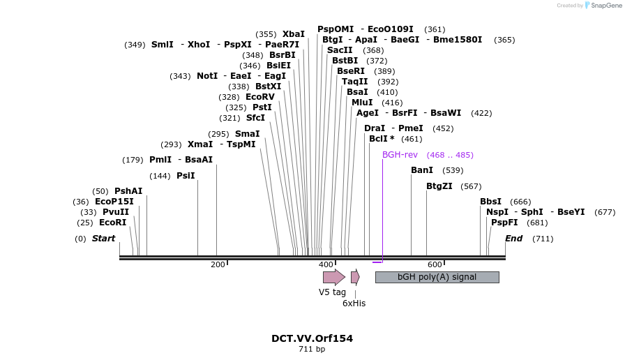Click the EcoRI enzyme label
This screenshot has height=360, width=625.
[x=112, y=223]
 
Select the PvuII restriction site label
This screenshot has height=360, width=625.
[x=116, y=212]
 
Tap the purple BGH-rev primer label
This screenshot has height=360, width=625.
[x=400, y=154]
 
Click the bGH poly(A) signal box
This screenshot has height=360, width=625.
[x=437, y=277]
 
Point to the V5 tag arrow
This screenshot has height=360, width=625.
[x=333, y=277]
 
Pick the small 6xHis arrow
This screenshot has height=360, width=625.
[x=355, y=277]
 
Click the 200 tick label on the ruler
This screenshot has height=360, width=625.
[x=218, y=264]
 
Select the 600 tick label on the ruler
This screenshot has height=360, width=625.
[x=435, y=264]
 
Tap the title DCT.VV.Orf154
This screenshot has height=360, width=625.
[x=312, y=338]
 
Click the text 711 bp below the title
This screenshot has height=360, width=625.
[x=312, y=349]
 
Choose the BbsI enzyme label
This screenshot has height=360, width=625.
[x=490, y=202]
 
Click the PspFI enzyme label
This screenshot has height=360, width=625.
[x=504, y=223]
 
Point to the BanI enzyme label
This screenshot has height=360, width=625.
[x=422, y=170]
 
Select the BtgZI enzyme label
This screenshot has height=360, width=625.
[x=439, y=186]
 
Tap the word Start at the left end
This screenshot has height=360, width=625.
[x=103, y=239]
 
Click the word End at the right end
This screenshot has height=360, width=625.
[x=513, y=239]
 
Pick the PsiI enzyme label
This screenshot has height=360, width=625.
[x=186, y=176]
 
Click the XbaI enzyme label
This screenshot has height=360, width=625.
[x=294, y=34]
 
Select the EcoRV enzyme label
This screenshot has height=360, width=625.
[x=260, y=97]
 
